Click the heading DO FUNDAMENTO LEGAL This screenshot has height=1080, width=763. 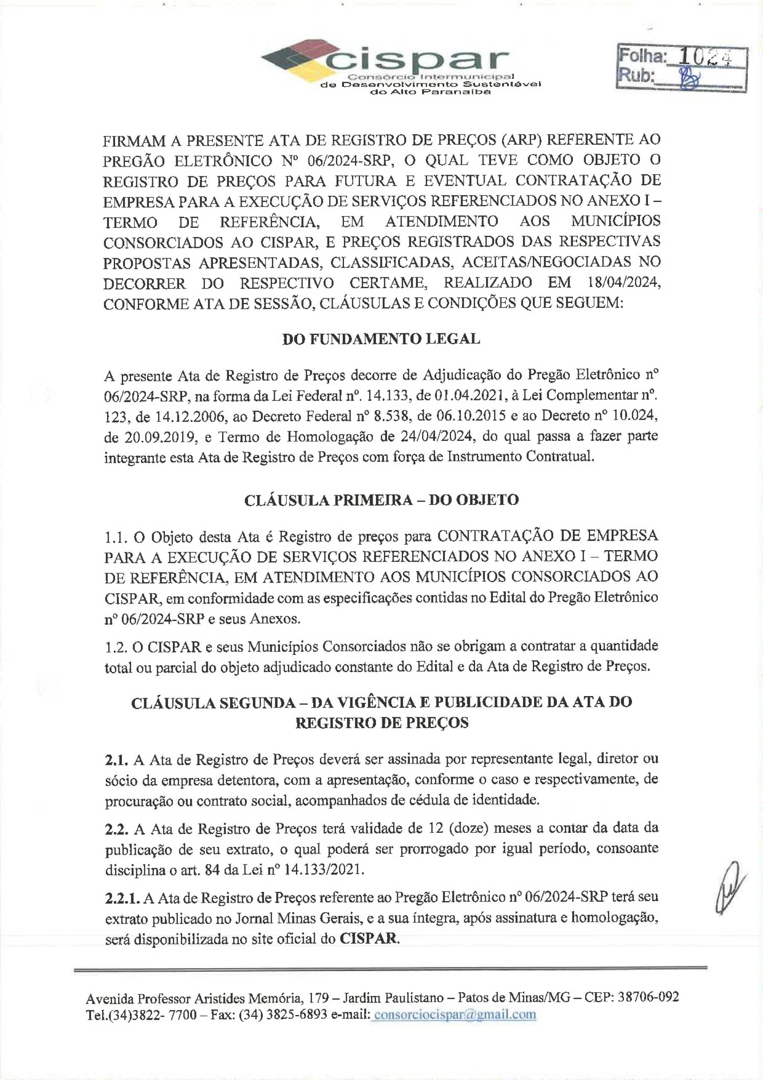coord(381,339)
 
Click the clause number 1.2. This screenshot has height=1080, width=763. coord(115,646)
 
